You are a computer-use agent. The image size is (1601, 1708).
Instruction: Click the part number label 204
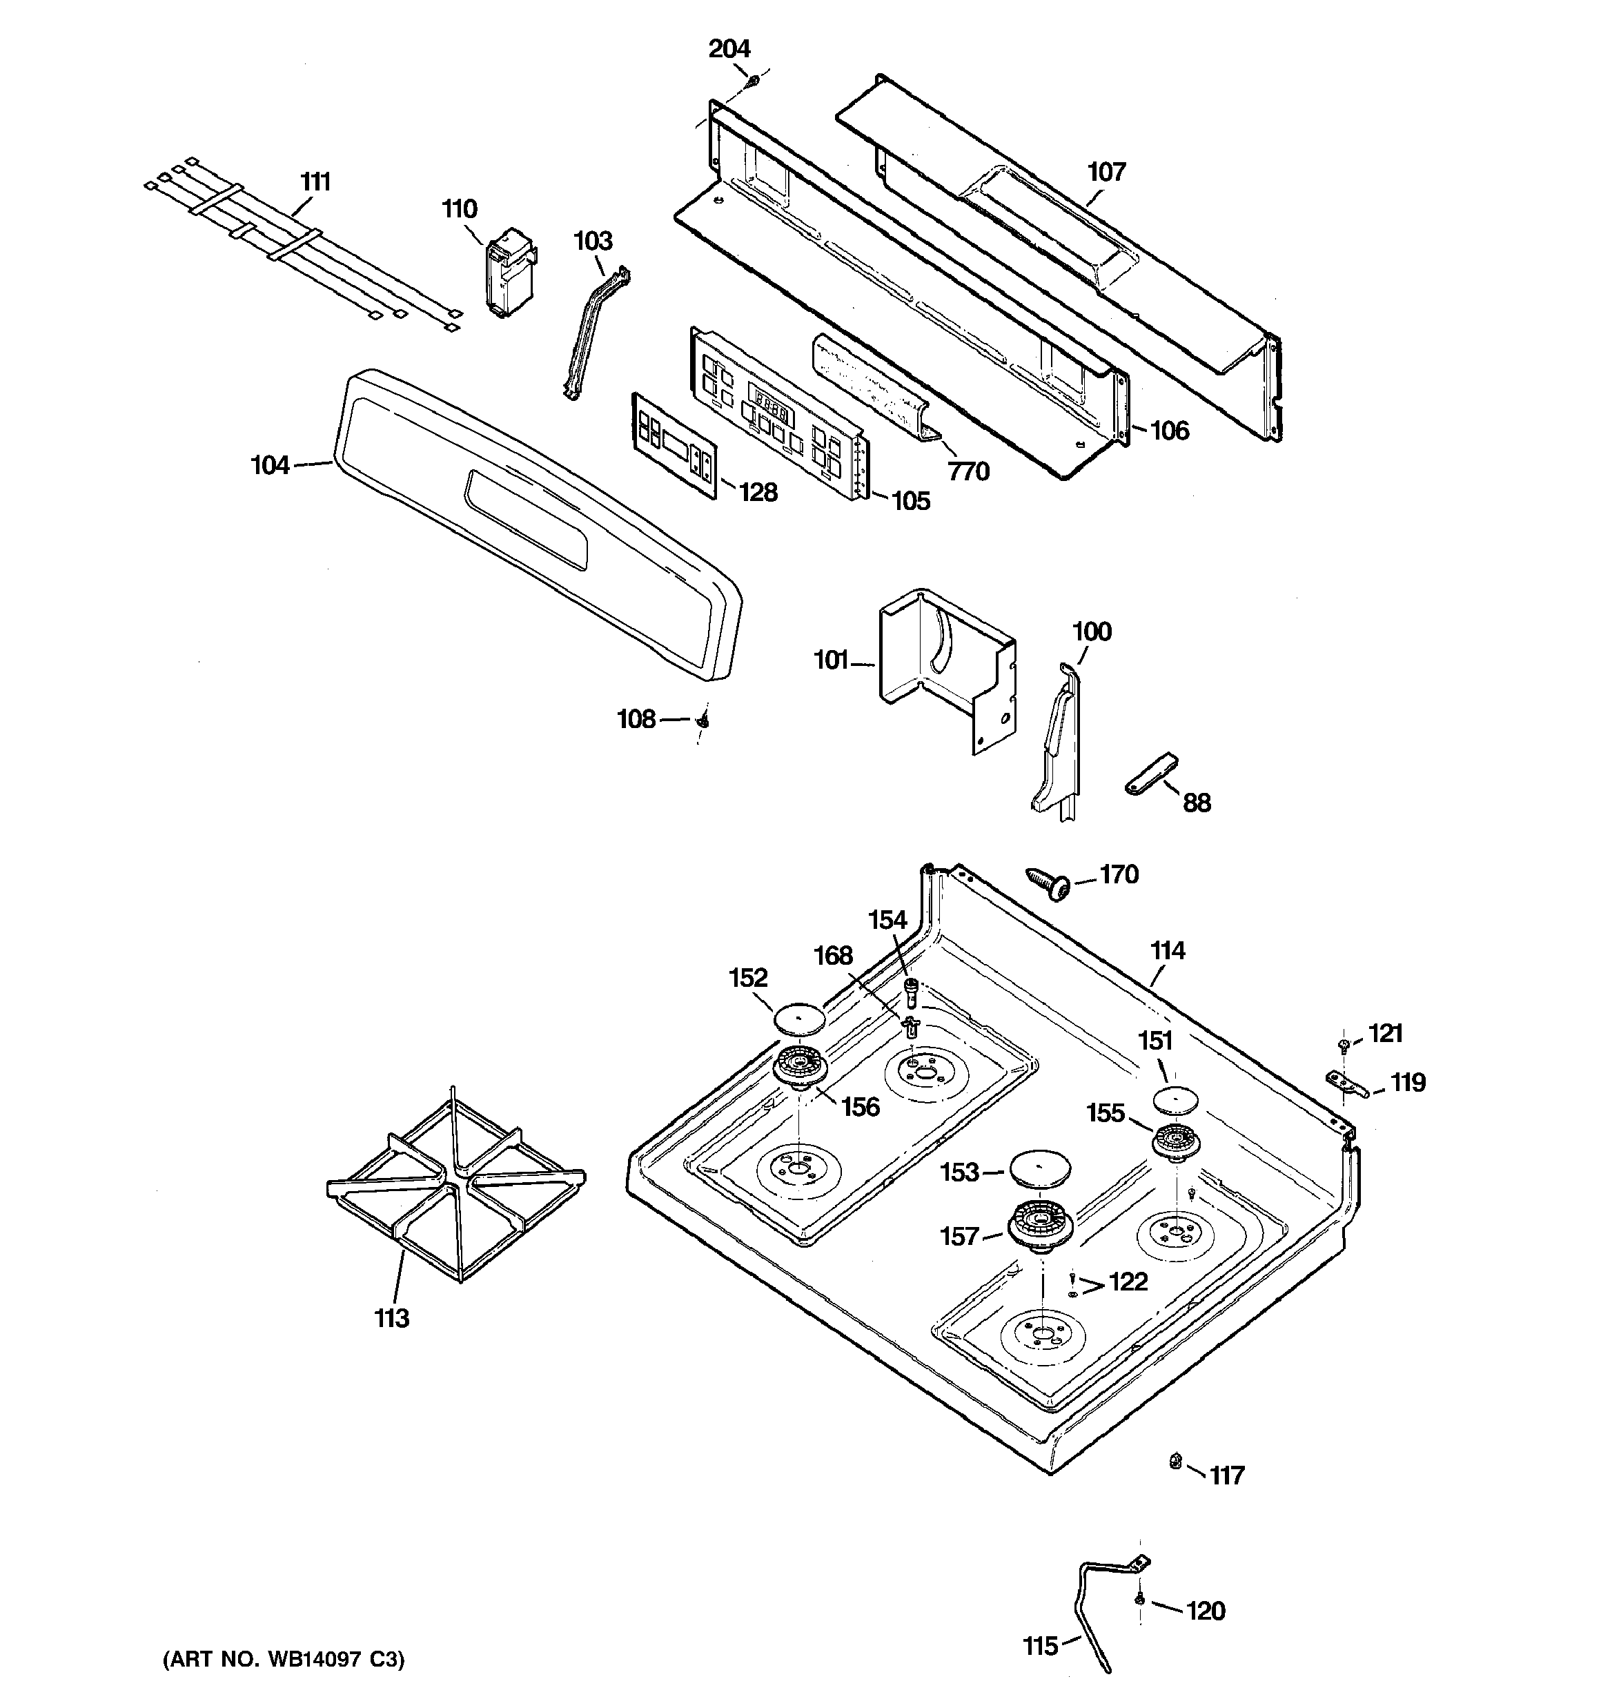(729, 49)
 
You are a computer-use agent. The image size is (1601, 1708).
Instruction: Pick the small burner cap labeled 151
(1175, 1099)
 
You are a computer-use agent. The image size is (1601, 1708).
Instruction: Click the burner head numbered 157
(1040, 1224)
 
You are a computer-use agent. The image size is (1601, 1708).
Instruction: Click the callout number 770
(968, 471)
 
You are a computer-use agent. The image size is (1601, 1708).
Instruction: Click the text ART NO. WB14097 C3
(284, 1659)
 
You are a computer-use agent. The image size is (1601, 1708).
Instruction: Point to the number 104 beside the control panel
(270, 466)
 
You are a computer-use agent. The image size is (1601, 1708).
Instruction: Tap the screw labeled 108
(702, 720)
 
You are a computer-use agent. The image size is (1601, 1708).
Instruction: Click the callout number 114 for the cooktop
(1167, 950)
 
